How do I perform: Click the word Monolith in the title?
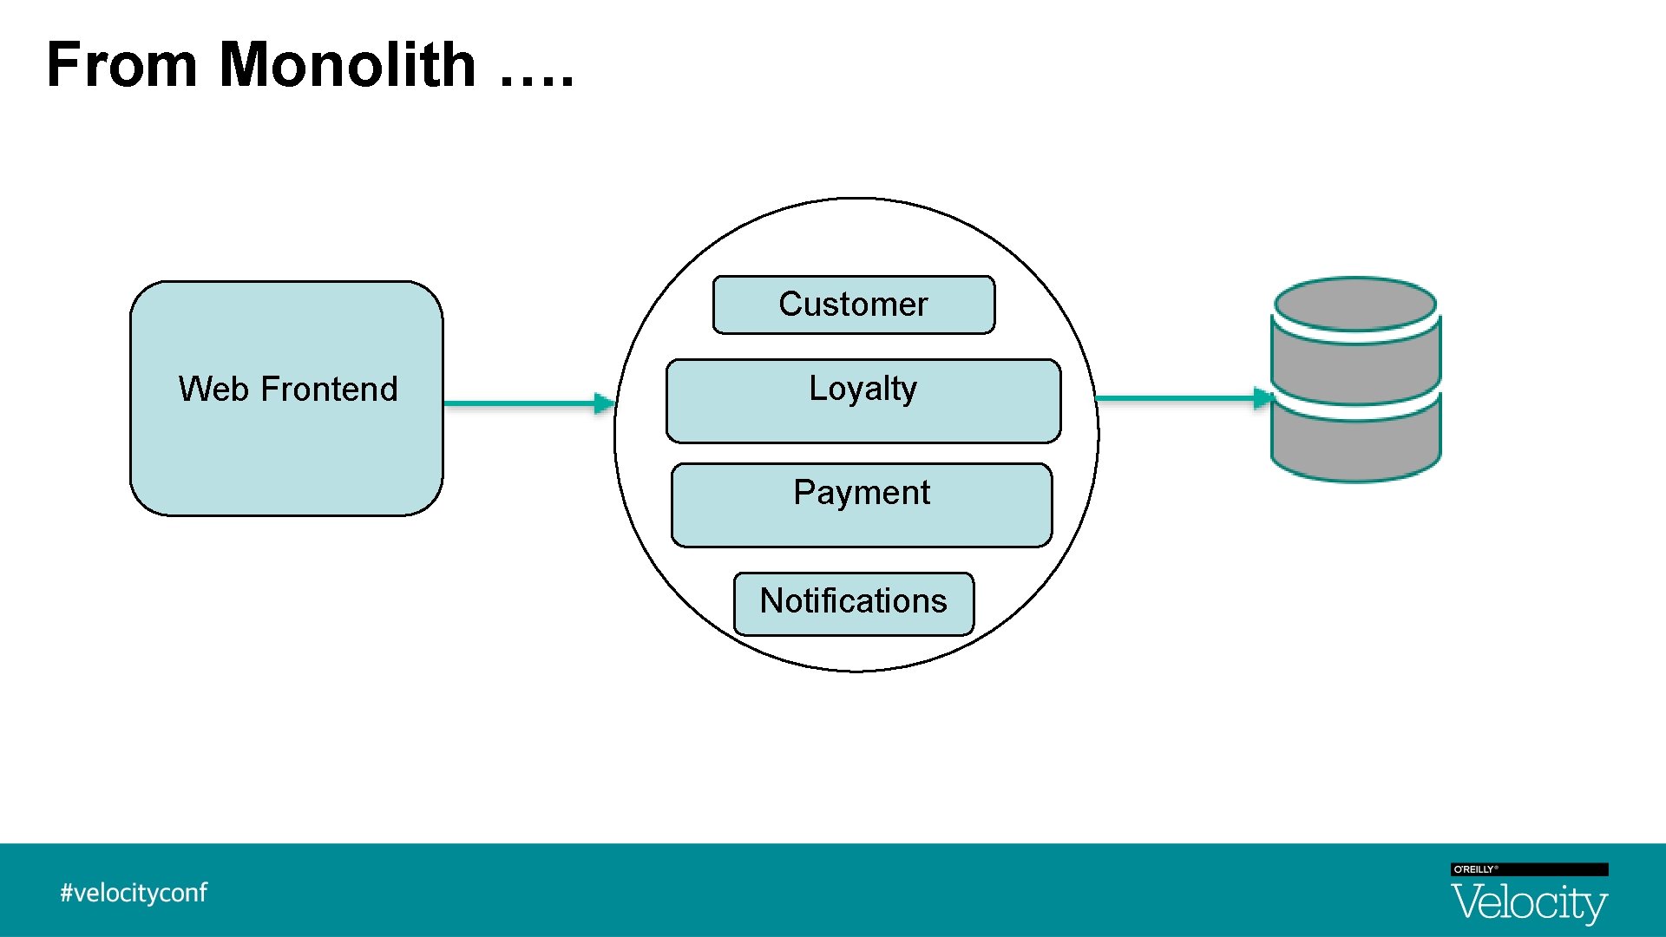coord(347,65)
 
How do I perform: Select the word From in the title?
coord(122,65)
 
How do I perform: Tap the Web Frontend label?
coord(288,389)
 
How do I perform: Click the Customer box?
coord(853,305)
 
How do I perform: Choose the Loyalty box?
coord(863,401)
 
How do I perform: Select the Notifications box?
coord(853,603)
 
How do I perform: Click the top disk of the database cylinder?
coord(1354,304)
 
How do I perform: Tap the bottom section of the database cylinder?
coord(1354,447)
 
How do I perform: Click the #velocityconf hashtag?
coord(134,893)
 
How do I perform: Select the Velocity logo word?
coord(1529,902)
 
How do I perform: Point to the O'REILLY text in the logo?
coord(1474,869)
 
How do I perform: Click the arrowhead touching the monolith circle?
coord(605,403)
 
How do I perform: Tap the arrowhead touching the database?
coord(1263,398)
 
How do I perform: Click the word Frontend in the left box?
coord(329,389)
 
